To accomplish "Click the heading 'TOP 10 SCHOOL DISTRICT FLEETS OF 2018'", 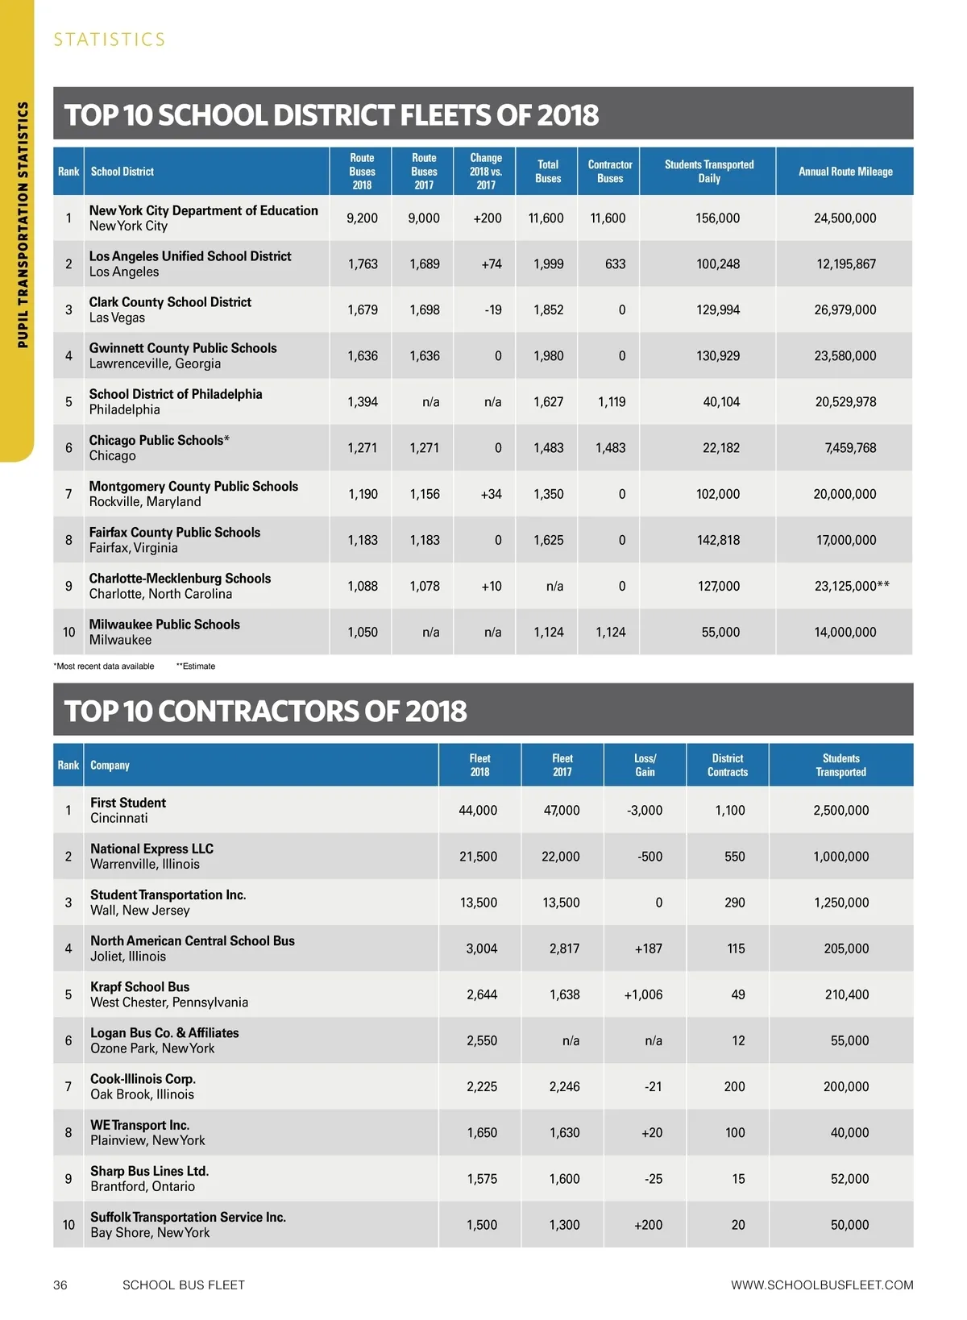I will pyautogui.click(x=331, y=115).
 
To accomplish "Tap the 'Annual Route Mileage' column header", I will pyautogui.click(x=845, y=172).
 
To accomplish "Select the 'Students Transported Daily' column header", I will pyautogui.click(x=709, y=172).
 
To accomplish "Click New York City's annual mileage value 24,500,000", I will pyautogui.click(x=845, y=218).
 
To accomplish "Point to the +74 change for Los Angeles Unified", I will pyautogui.click(x=492, y=264).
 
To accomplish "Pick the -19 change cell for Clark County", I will pyautogui.click(x=493, y=310).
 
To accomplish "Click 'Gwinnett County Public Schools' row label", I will pyautogui.click(x=183, y=348).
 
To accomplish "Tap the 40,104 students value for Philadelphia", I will pyautogui.click(x=720, y=402).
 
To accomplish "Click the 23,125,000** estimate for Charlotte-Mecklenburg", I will pyautogui.click(x=852, y=587).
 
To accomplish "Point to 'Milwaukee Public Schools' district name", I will pyautogui.click(x=164, y=625).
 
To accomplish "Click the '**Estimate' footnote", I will pyautogui.click(x=196, y=666).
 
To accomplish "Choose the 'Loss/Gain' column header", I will pyautogui.click(x=645, y=765).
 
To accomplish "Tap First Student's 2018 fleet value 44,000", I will pyautogui.click(x=478, y=811).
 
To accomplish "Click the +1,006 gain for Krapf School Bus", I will pyautogui.click(x=643, y=995).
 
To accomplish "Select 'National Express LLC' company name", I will pyautogui.click(x=151, y=849).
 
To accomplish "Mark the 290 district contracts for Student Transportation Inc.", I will pyautogui.click(x=734, y=903).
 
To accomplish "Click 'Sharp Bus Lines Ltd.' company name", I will pyautogui.click(x=149, y=1171).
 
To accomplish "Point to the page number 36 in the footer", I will pyautogui.click(x=60, y=1285).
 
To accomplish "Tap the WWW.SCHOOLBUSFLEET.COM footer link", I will pyautogui.click(x=822, y=1285).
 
